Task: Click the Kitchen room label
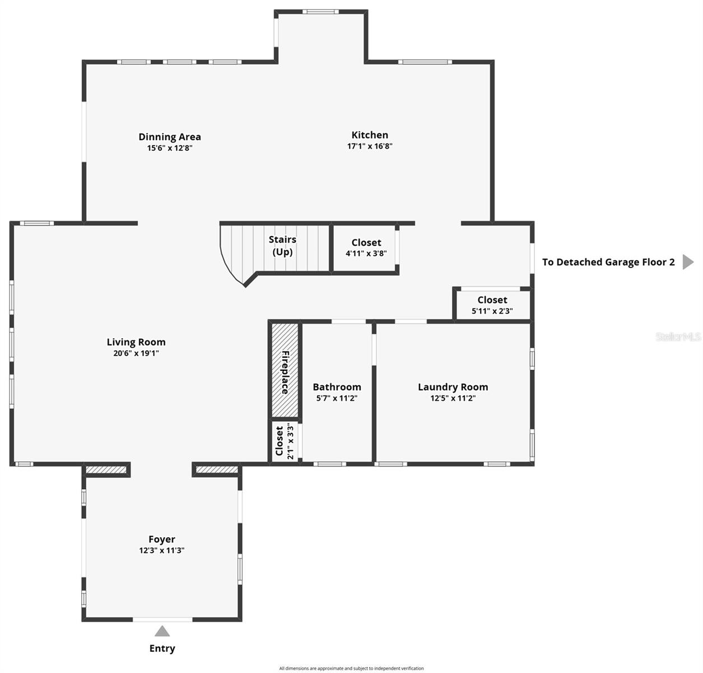click(x=369, y=135)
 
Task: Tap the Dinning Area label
click(x=170, y=136)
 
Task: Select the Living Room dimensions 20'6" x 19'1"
click(x=136, y=353)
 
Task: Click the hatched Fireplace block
click(x=285, y=370)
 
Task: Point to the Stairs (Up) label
click(x=282, y=246)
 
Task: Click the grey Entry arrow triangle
click(x=162, y=631)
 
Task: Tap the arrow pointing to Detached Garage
click(x=687, y=262)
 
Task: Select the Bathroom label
click(x=337, y=387)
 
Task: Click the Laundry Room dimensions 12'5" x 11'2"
click(x=453, y=398)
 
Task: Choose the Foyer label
click(x=162, y=539)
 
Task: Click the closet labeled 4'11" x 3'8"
click(x=366, y=247)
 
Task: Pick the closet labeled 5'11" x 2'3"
click(x=492, y=305)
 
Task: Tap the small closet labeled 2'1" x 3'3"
click(x=284, y=442)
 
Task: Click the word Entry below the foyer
click(x=162, y=648)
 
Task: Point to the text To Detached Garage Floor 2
click(x=608, y=262)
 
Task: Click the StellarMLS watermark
click(x=678, y=336)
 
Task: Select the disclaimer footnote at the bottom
click(x=351, y=668)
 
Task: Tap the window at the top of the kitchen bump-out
click(x=320, y=11)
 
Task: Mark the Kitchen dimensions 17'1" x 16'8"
click(x=369, y=146)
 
